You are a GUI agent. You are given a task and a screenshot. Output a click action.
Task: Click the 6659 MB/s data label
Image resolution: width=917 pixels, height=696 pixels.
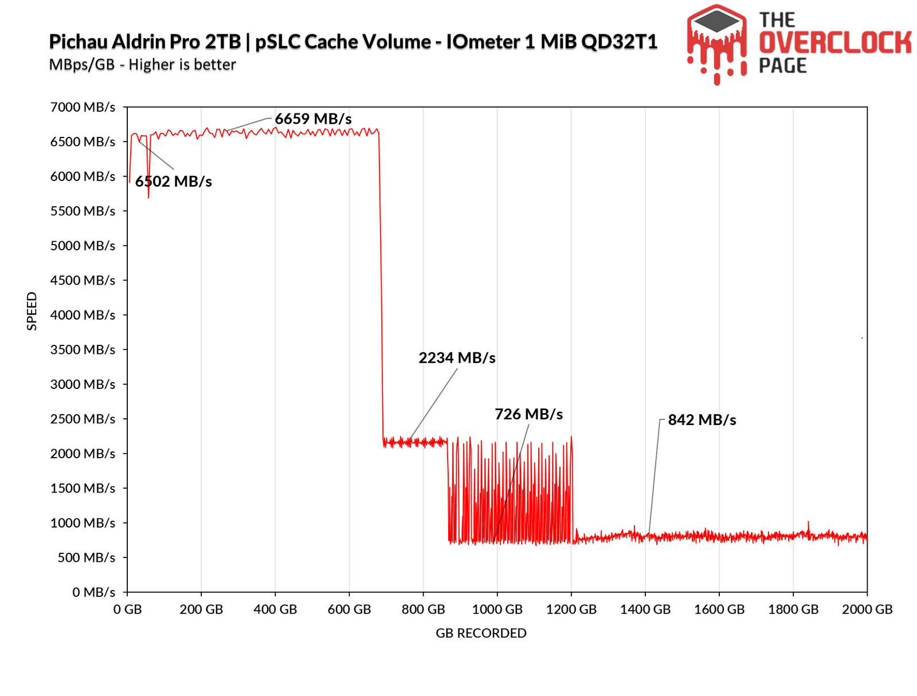pyautogui.click(x=313, y=119)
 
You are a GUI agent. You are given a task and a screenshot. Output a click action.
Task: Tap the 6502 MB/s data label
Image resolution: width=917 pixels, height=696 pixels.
pyautogui.click(x=174, y=182)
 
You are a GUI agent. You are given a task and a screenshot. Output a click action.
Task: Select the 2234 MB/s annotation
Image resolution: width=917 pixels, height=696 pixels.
pyautogui.click(x=457, y=358)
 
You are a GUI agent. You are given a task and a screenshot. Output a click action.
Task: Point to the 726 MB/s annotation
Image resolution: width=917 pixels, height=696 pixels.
pyautogui.click(x=528, y=414)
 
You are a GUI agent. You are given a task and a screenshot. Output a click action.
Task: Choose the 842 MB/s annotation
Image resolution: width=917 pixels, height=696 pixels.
pyautogui.click(x=702, y=420)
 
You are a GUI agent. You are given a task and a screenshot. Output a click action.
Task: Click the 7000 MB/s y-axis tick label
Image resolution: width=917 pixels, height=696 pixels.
pyautogui.click(x=83, y=107)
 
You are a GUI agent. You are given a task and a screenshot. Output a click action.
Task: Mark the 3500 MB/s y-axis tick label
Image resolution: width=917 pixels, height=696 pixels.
pyautogui.click(x=83, y=349)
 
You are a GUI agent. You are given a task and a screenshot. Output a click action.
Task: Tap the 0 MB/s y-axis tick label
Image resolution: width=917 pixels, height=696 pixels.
pyautogui.click(x=93, y=592)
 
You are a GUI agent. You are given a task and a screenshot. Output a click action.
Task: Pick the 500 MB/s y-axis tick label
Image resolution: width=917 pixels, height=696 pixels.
pyautogui.click(x=86, y=557)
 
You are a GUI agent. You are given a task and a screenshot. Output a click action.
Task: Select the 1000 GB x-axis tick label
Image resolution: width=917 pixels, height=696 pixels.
pyautogui.click(x=497, y=610)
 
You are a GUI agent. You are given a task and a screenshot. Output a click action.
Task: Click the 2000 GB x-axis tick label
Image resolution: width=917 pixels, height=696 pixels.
pyautogui.click(x=867, y=610)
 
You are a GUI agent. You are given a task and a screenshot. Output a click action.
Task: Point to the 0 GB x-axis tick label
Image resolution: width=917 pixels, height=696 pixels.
pyautogui.click(x=127, y=610)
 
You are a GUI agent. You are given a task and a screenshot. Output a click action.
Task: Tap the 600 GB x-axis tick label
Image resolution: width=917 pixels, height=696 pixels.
pyautogui.click(x=349, y=610)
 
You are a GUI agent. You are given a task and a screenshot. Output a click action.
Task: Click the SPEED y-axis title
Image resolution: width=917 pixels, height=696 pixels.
pyautogui.click(x=32, y=311)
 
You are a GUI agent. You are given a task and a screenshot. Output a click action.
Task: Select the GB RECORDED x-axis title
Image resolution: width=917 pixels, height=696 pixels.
pyautogui.click(x=481, y=633)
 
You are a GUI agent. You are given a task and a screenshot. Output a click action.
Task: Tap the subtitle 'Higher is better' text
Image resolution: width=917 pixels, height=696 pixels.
pyautogui.click(x=182, y=65)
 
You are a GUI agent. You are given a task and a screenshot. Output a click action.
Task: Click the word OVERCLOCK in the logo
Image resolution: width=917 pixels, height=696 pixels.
pyautogui.click(x=835, y=43)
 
